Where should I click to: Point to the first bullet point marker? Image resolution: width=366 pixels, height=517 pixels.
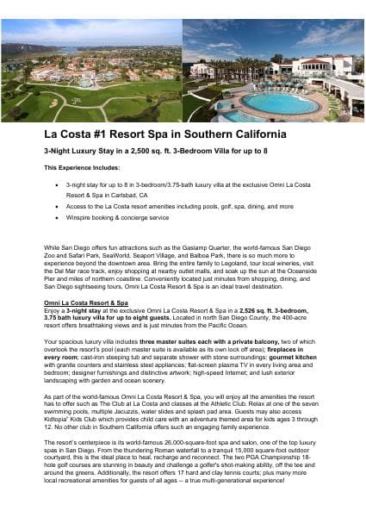56,184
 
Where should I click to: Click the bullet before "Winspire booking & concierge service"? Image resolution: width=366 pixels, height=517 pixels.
56,218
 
